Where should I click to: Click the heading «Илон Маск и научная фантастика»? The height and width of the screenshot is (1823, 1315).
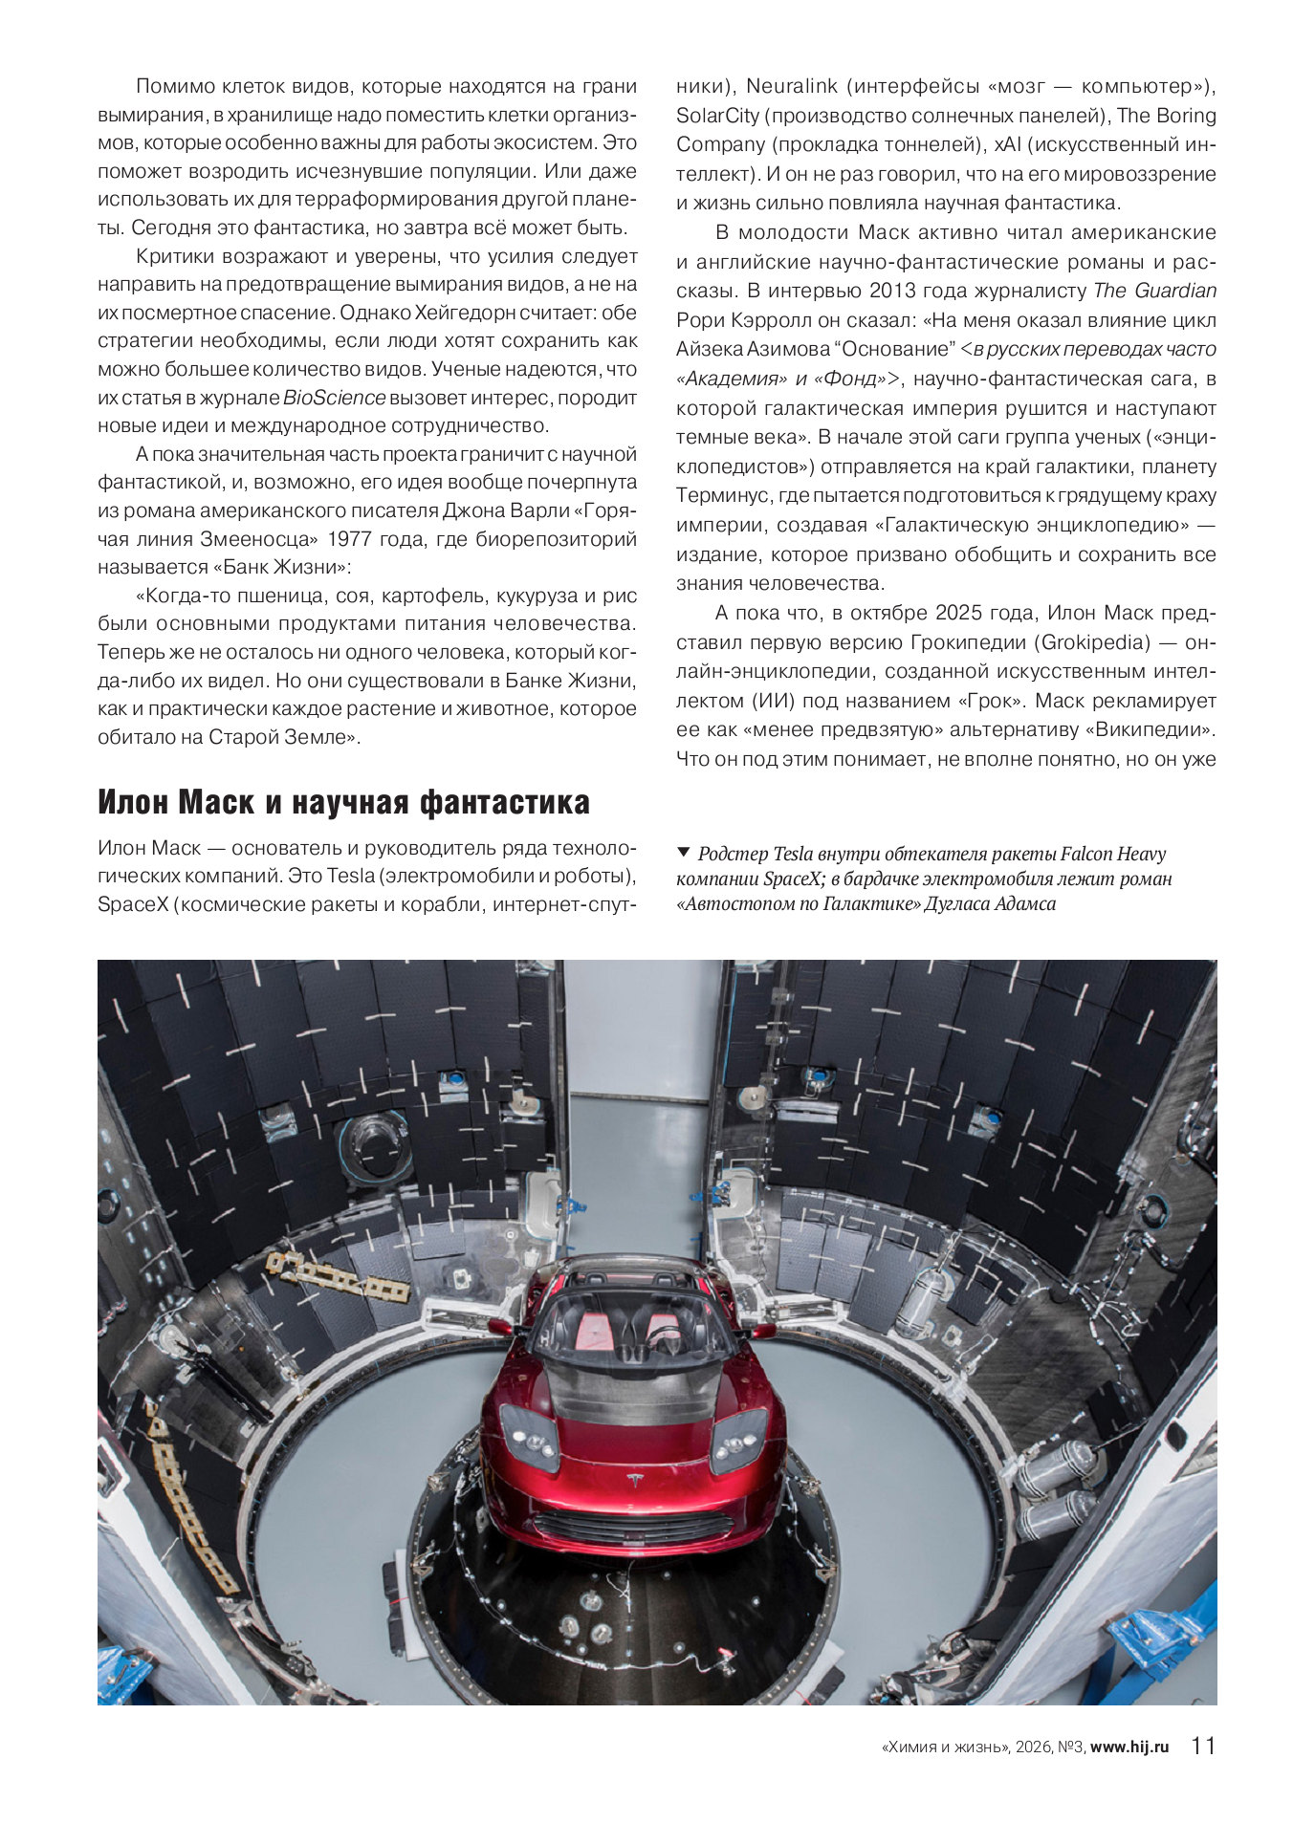point(343,802)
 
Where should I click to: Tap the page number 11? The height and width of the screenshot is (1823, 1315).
point(1203,1746)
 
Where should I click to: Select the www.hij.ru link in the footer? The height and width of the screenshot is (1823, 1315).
point(1129,1747)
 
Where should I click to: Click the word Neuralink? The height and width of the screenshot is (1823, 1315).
point(791,86)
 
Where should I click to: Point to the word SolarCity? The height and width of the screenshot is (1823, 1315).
point(717,116)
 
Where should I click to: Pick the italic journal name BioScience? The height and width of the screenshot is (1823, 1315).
point(335,398)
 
